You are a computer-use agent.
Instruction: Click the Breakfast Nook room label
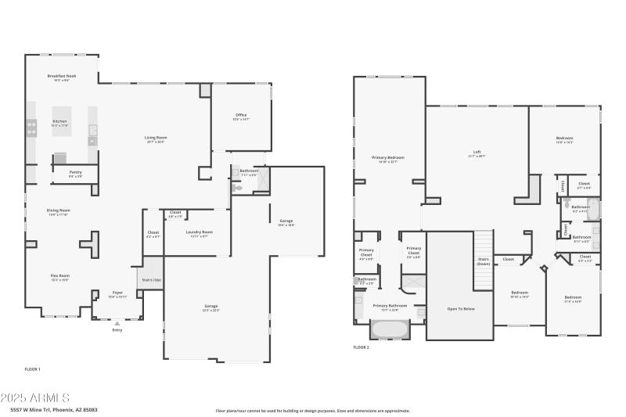click(60, 76)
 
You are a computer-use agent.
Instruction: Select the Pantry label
click(75, 172)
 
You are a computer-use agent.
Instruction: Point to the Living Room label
click(156, 138)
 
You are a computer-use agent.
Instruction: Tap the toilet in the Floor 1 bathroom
click(236, 188)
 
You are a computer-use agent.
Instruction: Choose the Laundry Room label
click(200, 232)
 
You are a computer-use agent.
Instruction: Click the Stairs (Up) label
click(152, 279)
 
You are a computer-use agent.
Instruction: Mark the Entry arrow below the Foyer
click(117, 322)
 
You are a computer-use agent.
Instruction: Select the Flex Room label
click(60, 275)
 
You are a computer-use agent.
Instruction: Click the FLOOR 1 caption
click(33, 368)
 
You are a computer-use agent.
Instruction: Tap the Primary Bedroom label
click(388, 158)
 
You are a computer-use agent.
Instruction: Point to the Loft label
click(477, 152)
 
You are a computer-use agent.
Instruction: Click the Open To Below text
click(459, 308)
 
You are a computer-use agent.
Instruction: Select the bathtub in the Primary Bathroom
click(390, 329)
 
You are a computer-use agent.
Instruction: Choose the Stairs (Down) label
click(484, 262)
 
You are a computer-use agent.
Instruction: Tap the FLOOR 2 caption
click(361, 347)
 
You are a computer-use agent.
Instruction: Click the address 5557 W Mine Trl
click(53, 409)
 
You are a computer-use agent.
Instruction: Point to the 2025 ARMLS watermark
click(35, 397)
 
